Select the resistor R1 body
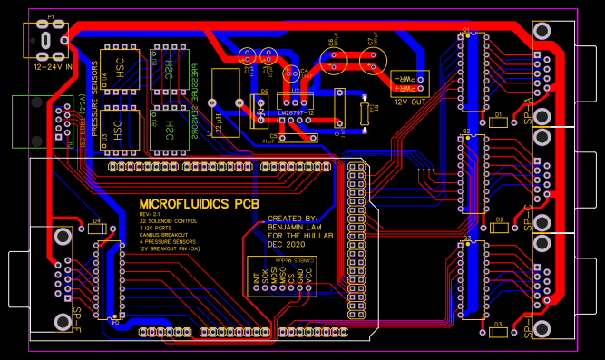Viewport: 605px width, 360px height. pos(365,113)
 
